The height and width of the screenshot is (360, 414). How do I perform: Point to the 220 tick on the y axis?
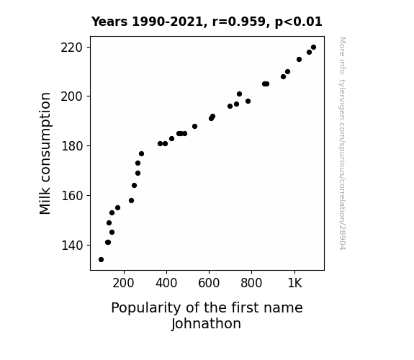coord(72,48)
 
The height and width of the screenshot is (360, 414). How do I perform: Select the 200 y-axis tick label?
coord(72,96)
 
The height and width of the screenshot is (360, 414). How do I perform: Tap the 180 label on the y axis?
coord(72,145)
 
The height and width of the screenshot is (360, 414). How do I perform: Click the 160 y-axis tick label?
coord(72,195)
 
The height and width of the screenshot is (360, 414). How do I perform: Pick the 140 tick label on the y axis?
coord(72,245)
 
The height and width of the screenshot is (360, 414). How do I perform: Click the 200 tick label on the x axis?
coord(123,283)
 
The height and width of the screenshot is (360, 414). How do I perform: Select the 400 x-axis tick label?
coord(166,283)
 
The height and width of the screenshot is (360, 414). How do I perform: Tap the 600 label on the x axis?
coord(209,283)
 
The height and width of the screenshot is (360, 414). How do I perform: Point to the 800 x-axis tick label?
coord(251,283)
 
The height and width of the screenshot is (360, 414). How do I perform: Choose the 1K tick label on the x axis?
coord(294,283)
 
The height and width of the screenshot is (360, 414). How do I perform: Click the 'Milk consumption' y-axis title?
coord(45,153)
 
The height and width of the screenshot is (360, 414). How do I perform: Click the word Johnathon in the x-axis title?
coord(206,324)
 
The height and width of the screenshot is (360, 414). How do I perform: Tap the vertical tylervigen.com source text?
coord(342,143)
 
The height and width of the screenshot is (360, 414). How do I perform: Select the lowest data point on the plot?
coord(101,260)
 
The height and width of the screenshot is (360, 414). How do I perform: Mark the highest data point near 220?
coord(313,48)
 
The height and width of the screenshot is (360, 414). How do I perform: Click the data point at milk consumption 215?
coord(299,60)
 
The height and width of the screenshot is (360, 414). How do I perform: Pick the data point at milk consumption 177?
coord(142,153)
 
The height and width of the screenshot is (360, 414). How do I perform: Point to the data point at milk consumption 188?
coord(195,127)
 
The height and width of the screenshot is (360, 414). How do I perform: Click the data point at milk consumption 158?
coord(132,200)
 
